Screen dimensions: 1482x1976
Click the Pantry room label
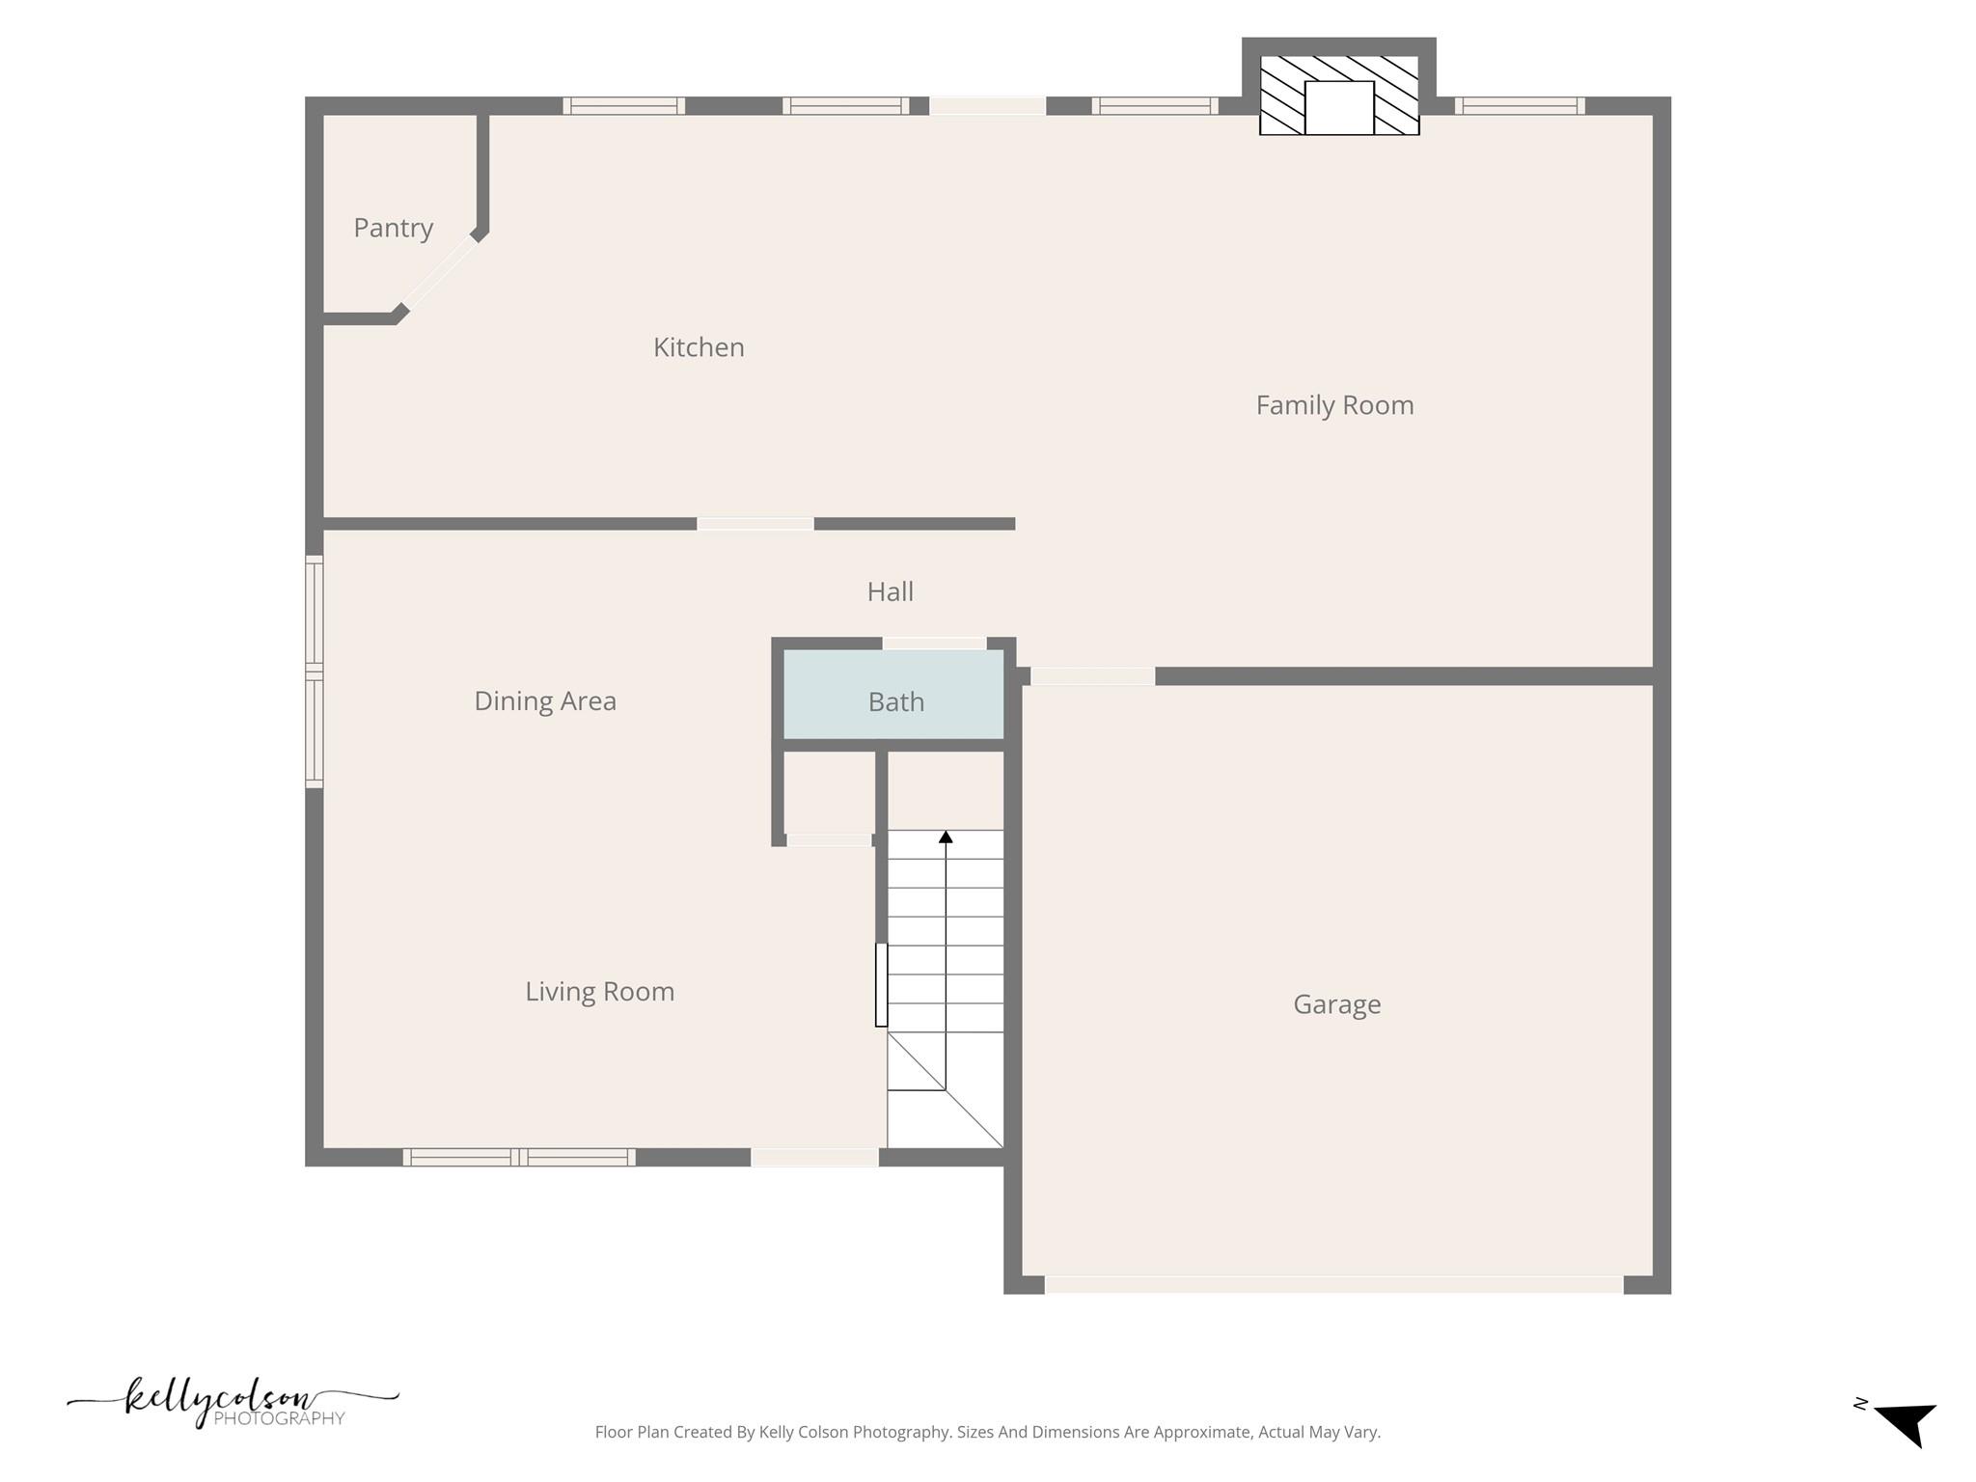point(393,228)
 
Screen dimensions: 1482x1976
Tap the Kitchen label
point(699,347)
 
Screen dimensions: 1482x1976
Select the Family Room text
point(1334,405)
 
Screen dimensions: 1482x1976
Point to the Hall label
point(890,591)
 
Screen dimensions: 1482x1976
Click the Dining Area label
point(545,700)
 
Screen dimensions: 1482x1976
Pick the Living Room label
point(599,992)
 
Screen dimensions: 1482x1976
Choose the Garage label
point(1336,1004)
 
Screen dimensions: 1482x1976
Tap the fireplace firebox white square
point(1339,107)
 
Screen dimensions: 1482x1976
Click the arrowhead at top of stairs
point(946,837)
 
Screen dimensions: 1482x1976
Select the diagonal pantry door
point(439,273)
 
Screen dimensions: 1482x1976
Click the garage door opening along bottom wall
point(1333,1284)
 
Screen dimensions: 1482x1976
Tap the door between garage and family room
point(1092,676)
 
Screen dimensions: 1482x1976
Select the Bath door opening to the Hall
point(934,643)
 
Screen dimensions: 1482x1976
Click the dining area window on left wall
point(315,672)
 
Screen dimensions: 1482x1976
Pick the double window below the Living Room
point(519,1157)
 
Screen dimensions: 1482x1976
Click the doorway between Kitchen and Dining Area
point(755,524)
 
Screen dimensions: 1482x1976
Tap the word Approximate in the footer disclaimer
point(1188,1432)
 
